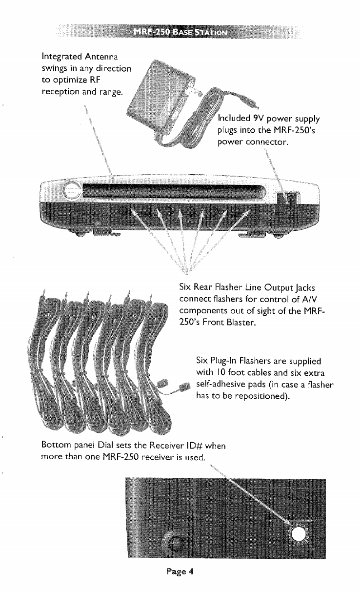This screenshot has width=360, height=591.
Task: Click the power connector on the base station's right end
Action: click(x=285, y=201)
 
